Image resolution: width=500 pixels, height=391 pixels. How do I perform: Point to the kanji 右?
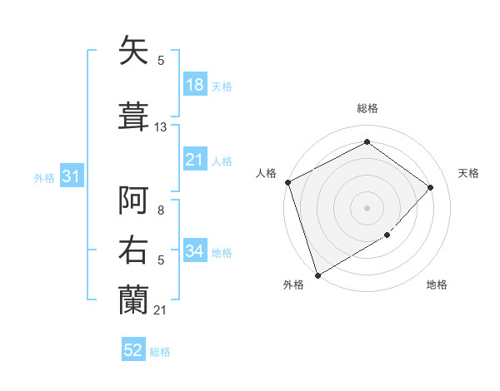134,251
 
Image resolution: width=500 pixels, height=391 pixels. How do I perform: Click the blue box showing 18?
195,85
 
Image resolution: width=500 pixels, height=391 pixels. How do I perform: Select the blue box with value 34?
195,251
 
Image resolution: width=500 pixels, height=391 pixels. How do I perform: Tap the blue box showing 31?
71,176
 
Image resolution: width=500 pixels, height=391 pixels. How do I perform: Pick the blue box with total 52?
133,351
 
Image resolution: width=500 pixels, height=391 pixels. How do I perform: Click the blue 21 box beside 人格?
195,160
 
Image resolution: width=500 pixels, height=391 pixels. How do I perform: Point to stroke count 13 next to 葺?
161,127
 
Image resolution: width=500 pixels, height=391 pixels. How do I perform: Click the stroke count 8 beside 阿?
160,211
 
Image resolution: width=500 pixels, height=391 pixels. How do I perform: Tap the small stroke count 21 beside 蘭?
160,310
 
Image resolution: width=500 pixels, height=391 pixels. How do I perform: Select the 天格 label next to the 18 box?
222,86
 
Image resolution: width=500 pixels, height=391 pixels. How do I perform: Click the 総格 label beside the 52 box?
160,352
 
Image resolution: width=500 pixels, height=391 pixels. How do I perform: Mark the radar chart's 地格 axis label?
437,285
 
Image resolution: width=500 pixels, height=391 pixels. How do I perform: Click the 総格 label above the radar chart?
367,108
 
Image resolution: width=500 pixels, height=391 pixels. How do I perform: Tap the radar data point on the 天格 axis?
431,187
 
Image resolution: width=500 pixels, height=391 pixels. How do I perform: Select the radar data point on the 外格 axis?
317,274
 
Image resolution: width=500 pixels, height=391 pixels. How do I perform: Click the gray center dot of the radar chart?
367,207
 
